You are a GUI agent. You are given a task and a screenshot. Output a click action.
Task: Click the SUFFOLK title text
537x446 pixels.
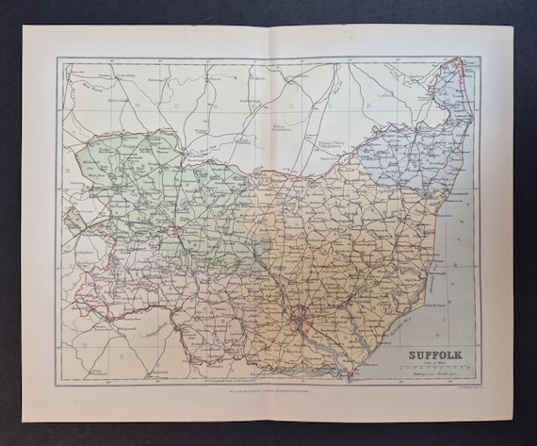(x=436, y=356)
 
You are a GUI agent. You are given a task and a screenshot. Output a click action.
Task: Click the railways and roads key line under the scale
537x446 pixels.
(x=436, y=375)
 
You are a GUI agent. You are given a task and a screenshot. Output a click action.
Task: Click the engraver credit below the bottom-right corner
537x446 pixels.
(x=461, y=387)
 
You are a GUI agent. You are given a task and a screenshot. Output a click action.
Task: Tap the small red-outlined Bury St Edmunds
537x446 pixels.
(x=175, y=226)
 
